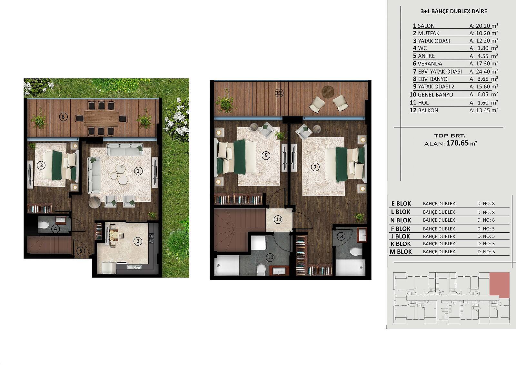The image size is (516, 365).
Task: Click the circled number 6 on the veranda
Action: click(63, 117)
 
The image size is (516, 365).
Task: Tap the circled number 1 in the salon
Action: click(138, 171)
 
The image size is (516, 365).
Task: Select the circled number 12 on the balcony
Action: click(279, 93)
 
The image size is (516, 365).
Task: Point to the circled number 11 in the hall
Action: click(279, 219)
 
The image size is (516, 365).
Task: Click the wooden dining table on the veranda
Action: click(101, 118)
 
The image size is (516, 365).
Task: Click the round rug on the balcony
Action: click(328, 92)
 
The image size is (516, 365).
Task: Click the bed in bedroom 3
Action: click(61, 165)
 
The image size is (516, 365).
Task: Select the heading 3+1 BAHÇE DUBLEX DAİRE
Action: click(454, 11)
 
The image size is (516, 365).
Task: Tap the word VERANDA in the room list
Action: click(430, 64)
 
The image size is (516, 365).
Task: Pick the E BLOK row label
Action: click(401, 204)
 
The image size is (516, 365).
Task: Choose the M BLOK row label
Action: click(401, 251)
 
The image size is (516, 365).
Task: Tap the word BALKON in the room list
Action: click(428, 110)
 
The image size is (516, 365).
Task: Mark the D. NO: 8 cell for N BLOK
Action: click(486, 220)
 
